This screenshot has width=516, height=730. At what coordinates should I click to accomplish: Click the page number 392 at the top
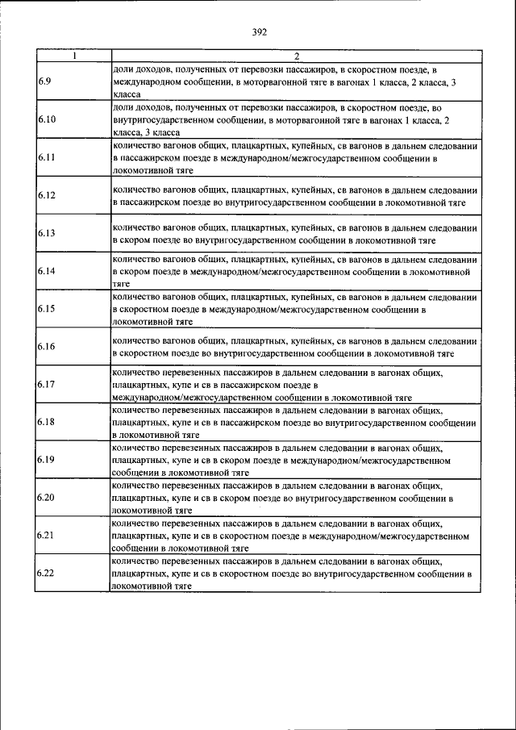tap(258, 32)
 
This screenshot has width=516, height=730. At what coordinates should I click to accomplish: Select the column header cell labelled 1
tap(73, 56)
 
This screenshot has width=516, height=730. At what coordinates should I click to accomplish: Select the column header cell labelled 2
tap(296, 56)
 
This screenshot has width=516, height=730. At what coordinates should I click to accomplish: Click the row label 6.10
tap(46, 119)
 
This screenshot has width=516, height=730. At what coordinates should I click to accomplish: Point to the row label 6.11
tap(46, 158)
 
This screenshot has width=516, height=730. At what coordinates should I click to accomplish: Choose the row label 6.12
tap(46, 195)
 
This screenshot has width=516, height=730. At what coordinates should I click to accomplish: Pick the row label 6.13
tap(46, 233)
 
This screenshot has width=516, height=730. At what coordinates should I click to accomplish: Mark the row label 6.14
tap(46, 271)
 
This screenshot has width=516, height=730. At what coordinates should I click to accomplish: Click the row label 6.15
tap(46, 308)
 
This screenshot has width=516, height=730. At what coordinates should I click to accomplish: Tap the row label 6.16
tap(46, 346)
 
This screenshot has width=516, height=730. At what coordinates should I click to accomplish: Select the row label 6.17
tap(46, 384)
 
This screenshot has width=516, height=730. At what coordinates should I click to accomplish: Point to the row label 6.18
tap(46, 422)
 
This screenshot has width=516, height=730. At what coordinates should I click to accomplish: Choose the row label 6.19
tap(46, 459)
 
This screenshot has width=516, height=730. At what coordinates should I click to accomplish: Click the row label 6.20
tap(46, 497)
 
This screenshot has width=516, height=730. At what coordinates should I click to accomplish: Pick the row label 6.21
tap(46, 535)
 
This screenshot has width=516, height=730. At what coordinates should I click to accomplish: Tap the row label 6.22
tap(46, 573)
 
